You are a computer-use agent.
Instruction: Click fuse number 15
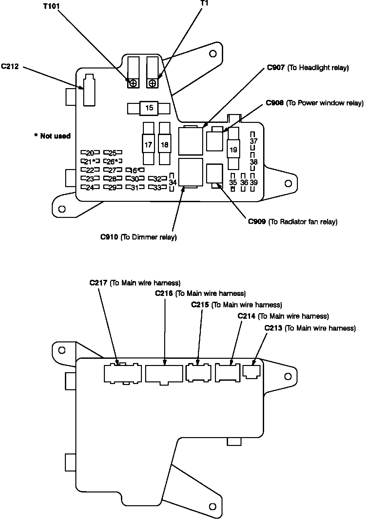(x=149, y=108)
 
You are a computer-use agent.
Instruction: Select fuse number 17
(x=148, y=144)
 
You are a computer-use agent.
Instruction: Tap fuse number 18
(x=164, y=144)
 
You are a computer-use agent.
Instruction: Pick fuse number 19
(x=233, y=150)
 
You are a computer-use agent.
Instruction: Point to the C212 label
(x=10, y=67)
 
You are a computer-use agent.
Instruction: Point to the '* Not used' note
(x=52, y=136)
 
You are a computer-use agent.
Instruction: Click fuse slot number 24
(x=87, y=188)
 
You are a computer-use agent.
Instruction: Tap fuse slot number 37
(x=254, y=141)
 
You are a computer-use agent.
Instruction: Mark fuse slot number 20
(x=87, y=153)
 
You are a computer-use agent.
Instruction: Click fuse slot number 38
(x=254, y=162)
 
